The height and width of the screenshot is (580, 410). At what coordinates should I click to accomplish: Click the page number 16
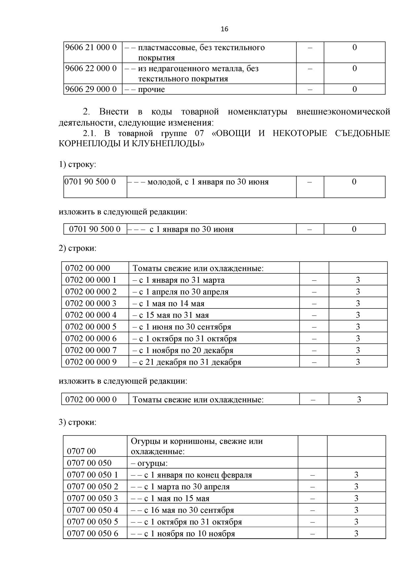click(x=224, y=29)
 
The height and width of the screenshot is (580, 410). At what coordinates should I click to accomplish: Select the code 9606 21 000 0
click(x=91, y=47)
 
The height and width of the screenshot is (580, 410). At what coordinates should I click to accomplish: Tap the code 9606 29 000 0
click(x=91, y=89)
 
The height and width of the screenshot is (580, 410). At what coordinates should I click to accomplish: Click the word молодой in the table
click(x=164, y=182)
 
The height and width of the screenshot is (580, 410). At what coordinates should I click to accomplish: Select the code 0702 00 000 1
click(x=91, y=280)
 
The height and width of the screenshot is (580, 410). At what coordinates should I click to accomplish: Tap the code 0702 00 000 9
click(x=91, y=362)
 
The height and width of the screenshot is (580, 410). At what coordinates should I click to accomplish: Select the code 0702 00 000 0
click(x=91, y=399)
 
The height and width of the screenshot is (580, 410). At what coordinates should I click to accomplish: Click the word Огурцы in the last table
click(x=144, y=441)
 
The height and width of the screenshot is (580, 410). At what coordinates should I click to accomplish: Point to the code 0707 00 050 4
click(x=93, y=510)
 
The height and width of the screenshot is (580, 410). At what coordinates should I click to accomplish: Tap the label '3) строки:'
click(x=78, y=422)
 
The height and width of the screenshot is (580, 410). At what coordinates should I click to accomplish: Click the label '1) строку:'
click(x=78, y=164)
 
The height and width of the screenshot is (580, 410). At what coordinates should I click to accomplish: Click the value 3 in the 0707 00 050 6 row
click(x=356, y=533)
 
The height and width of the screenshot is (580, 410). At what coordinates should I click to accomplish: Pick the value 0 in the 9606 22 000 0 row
click(x=354, y=68)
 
